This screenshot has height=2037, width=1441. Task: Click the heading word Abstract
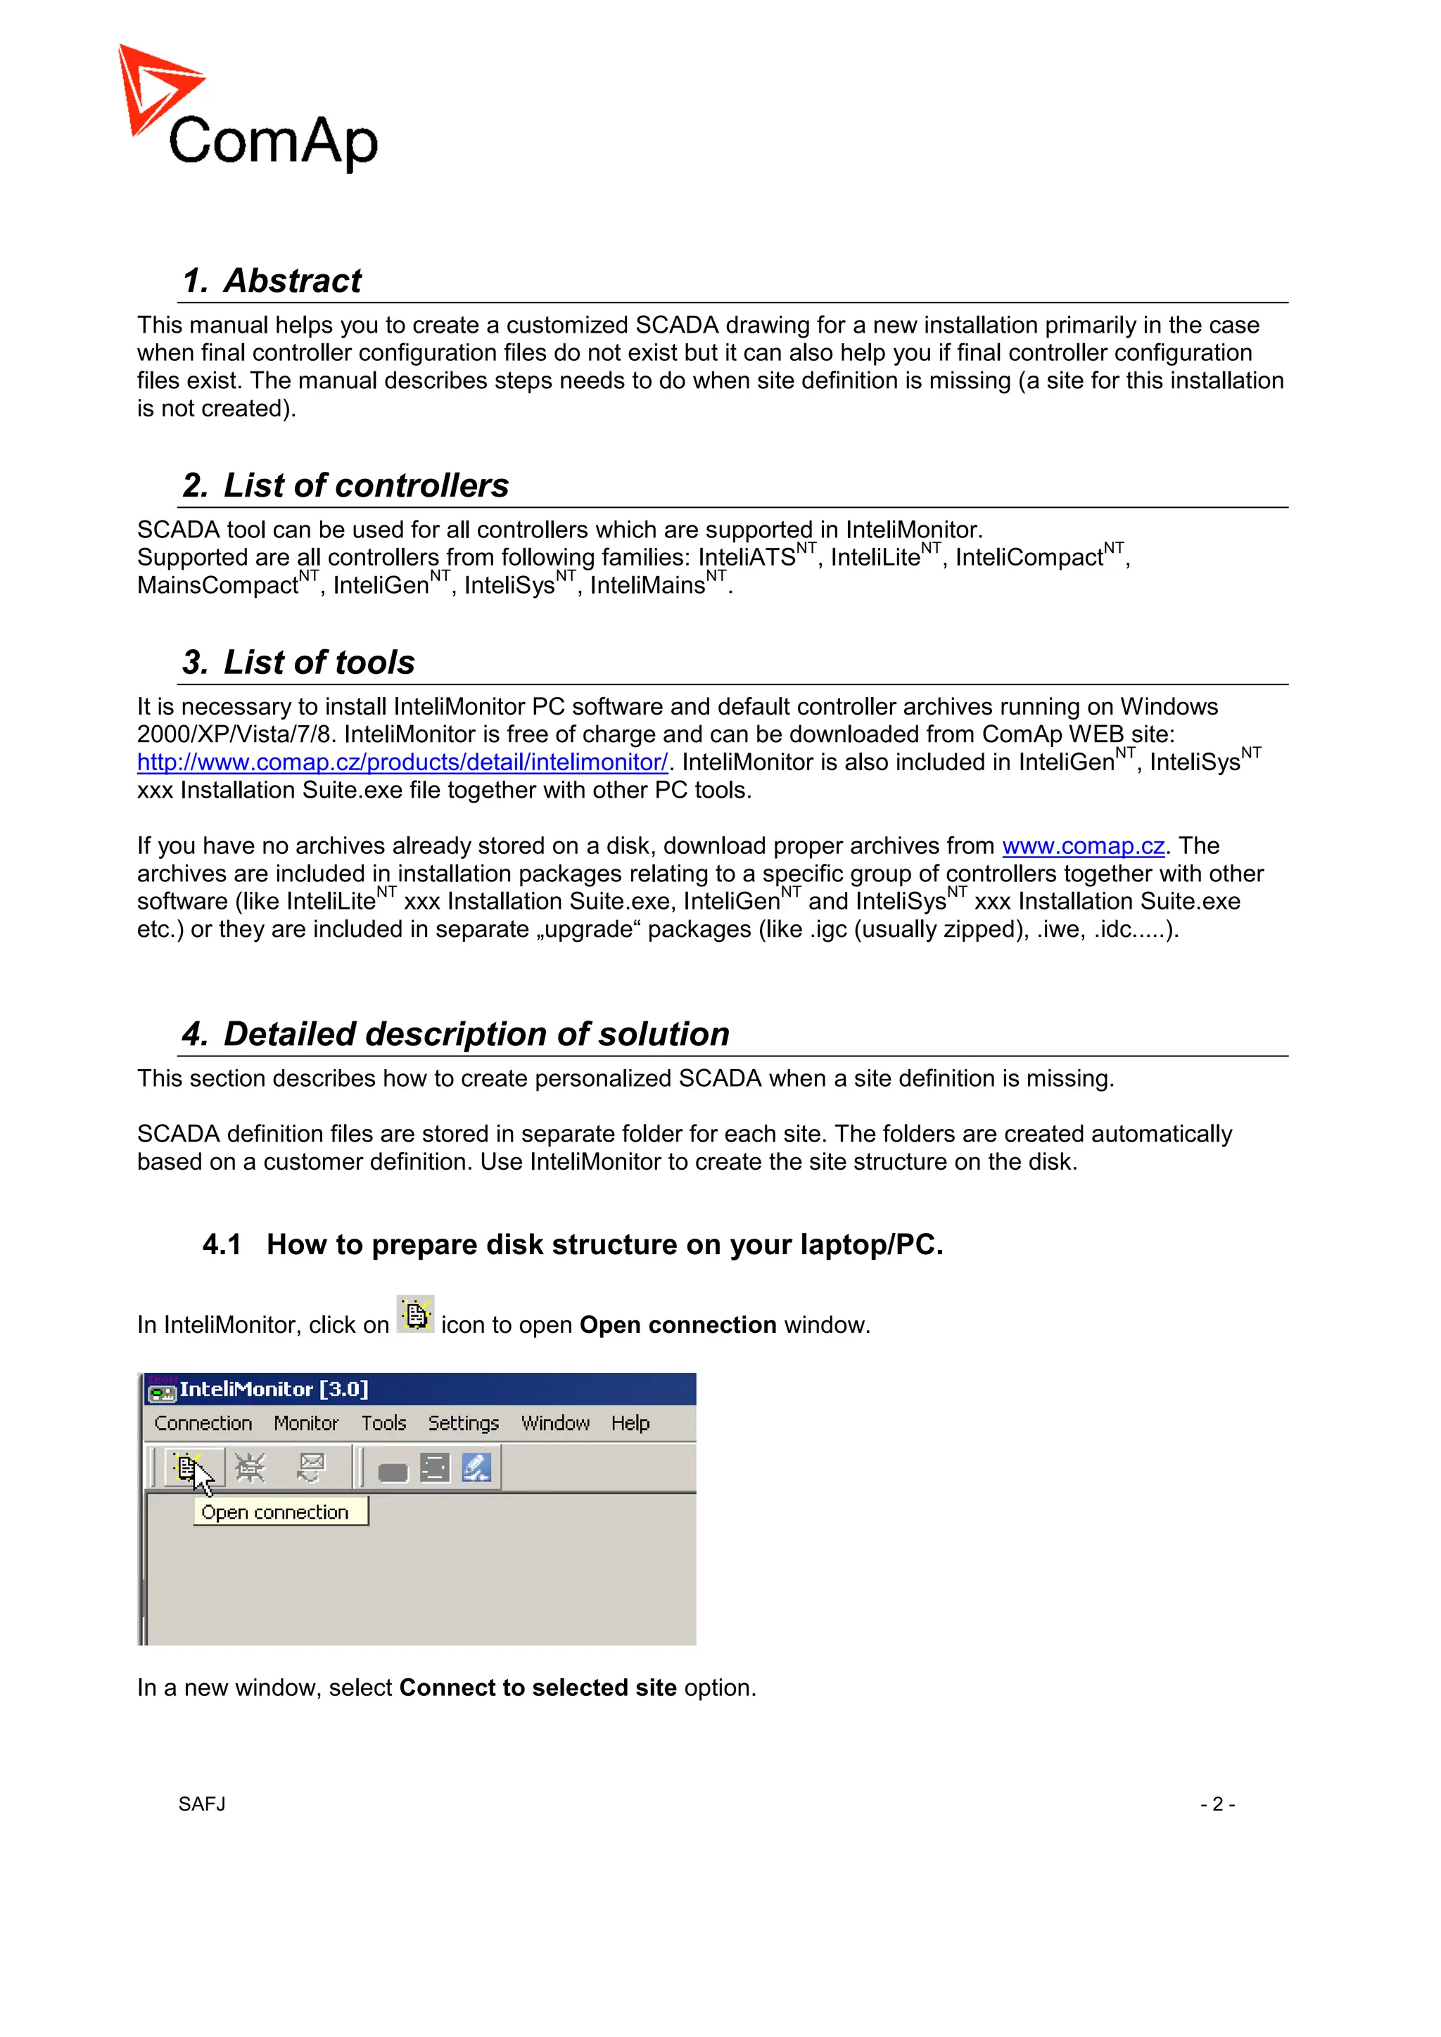coord(292,281)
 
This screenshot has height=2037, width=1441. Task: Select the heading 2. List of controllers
coord(345,485)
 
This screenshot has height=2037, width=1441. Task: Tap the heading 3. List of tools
coord(298,662)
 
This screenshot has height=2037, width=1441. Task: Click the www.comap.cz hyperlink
coord(1083,845)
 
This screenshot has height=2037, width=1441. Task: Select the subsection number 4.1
coord(222,1245)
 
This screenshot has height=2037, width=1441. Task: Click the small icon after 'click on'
coord(415,1314)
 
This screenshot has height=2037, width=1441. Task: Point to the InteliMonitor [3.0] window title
coord(273,1389)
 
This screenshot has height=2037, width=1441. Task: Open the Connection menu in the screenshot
coord(203,1423)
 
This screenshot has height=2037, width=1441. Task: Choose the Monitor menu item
coord(306,1423)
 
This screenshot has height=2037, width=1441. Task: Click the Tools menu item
coord(383,1423)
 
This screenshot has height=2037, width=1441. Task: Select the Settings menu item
coord(463,1423)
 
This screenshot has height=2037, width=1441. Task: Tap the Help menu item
coord(630,1423)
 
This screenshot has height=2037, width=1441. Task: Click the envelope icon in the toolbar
coord(310,1467)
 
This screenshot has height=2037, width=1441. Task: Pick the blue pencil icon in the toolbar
coord(476,1467)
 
